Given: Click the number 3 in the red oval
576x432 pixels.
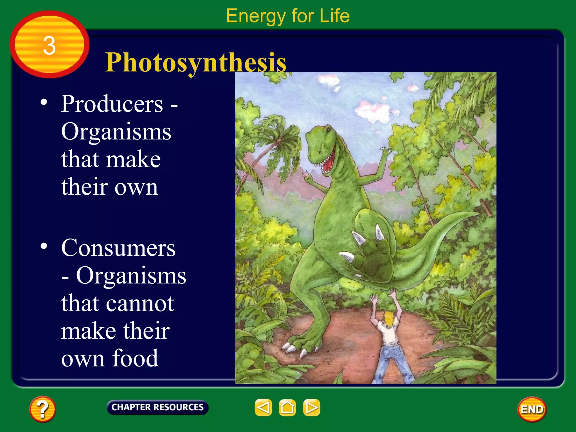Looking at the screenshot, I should point(49,46).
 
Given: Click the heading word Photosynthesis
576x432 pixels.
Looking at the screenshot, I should point(196,62).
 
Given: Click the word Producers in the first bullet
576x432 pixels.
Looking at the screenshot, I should point(112,104).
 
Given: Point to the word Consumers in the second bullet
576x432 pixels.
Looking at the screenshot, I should point(118,248).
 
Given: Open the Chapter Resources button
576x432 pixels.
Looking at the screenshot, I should point(157,407).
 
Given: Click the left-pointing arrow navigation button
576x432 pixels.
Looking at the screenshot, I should point(263,407).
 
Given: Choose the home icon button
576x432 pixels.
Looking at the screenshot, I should point(287,407).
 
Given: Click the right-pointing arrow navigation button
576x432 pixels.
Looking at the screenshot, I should point(311,407).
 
